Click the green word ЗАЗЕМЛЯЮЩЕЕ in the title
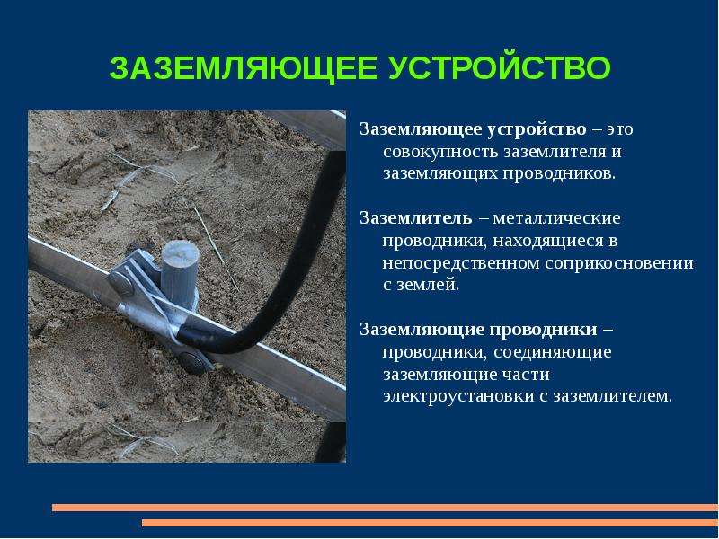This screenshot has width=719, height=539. click(243, 68)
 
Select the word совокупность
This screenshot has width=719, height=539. click(439, 152)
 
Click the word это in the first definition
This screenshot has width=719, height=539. click(620, 129)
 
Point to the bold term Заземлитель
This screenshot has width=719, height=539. click(415, 217)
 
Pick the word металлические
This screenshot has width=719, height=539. click(556, 218)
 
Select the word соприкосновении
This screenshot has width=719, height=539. click(619, 263)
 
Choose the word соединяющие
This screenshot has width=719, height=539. click(552, 352)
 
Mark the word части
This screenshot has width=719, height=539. click(527, 375)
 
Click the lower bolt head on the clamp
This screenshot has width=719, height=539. click(192, 361)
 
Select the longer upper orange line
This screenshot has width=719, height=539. click(386, 508)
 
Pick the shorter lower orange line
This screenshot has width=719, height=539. click(431, 523)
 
